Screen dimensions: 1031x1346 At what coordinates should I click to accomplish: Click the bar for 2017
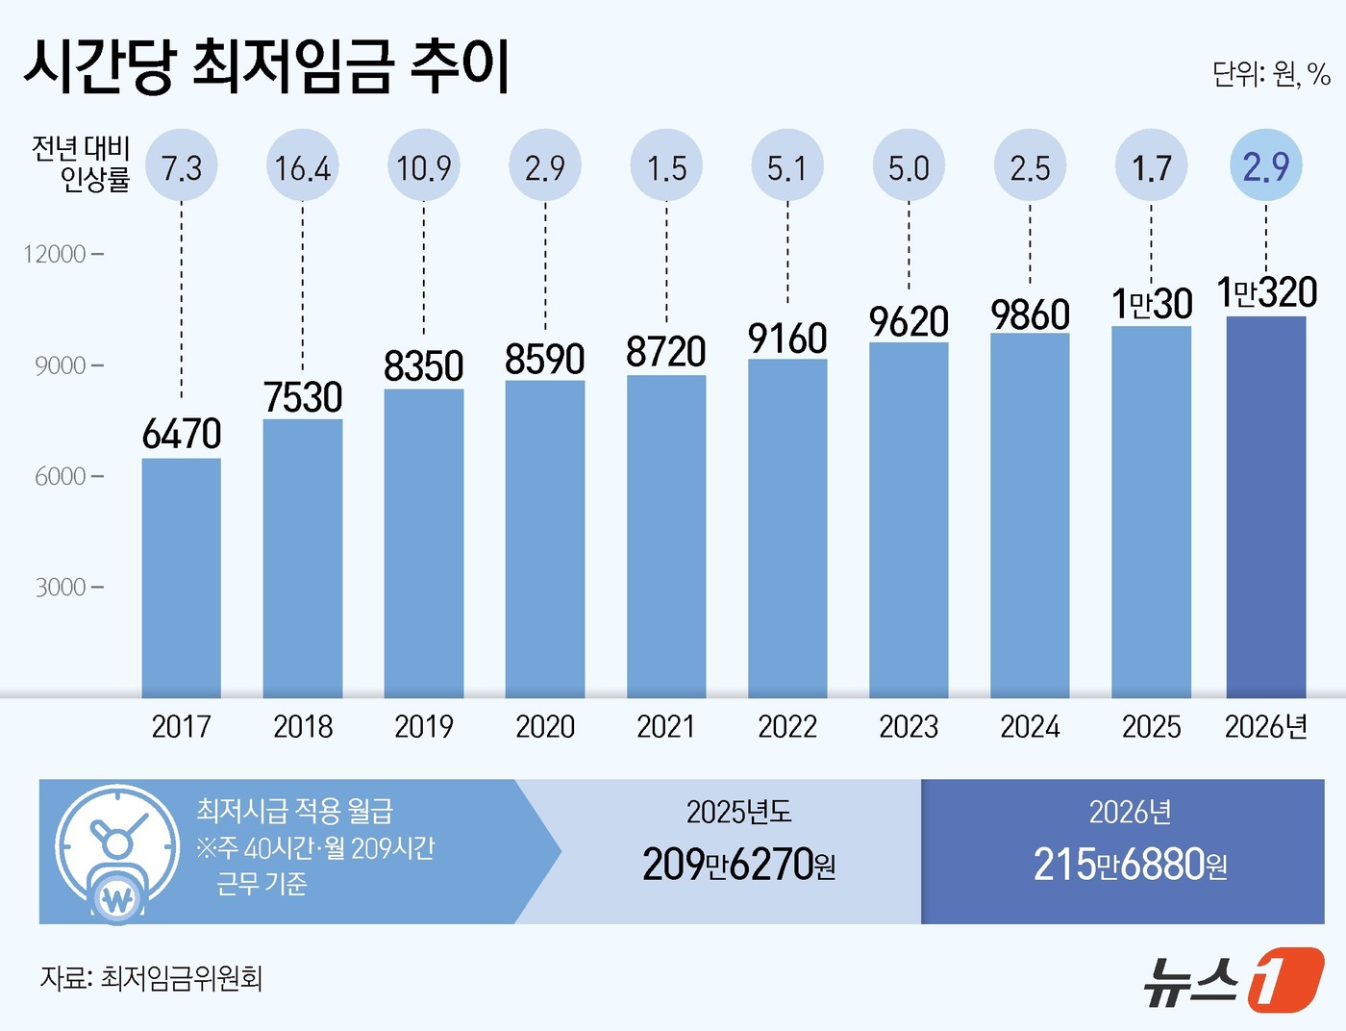(x=181, y=577)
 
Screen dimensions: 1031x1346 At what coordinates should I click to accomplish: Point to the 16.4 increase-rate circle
(x=303, y=167)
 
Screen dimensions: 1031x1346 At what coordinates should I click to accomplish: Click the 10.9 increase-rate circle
(x=424, y=167)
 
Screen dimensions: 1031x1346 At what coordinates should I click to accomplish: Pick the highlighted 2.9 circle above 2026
(x=1265, y=166)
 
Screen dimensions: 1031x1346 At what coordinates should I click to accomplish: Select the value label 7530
(x=303, y=397)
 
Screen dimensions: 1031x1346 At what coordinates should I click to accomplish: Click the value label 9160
(x=787, y=339)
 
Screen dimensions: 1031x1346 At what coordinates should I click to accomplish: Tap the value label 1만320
(x=1265, y=292)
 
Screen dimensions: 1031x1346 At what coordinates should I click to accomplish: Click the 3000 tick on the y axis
(x=62, y=587)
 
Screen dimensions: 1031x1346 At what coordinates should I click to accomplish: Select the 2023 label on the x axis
(x=909, y=726)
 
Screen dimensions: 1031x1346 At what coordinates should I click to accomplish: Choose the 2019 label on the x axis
(x=424, y=726)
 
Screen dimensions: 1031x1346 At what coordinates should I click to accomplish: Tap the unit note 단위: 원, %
(x=1270, y=74)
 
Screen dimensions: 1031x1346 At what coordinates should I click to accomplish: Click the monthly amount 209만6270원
(x=738, y=864)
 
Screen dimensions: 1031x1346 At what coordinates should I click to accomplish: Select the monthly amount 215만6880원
(x=1130, y=864)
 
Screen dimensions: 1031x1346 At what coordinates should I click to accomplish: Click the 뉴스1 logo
(x=1234, y=980)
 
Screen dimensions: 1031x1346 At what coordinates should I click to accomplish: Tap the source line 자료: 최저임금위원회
(x=151, y=978)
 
